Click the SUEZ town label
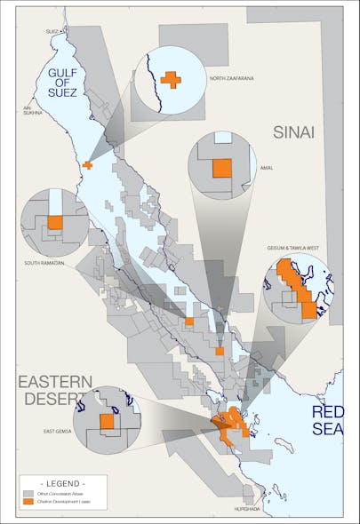(x=51, y=31)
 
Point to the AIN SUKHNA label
(x=33, y=113)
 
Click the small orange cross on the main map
(x=87, y=164)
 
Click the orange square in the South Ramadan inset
(x=55, y=222)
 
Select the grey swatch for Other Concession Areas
(x=29, y=492)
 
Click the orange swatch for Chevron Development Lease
(x=29, y=503)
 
